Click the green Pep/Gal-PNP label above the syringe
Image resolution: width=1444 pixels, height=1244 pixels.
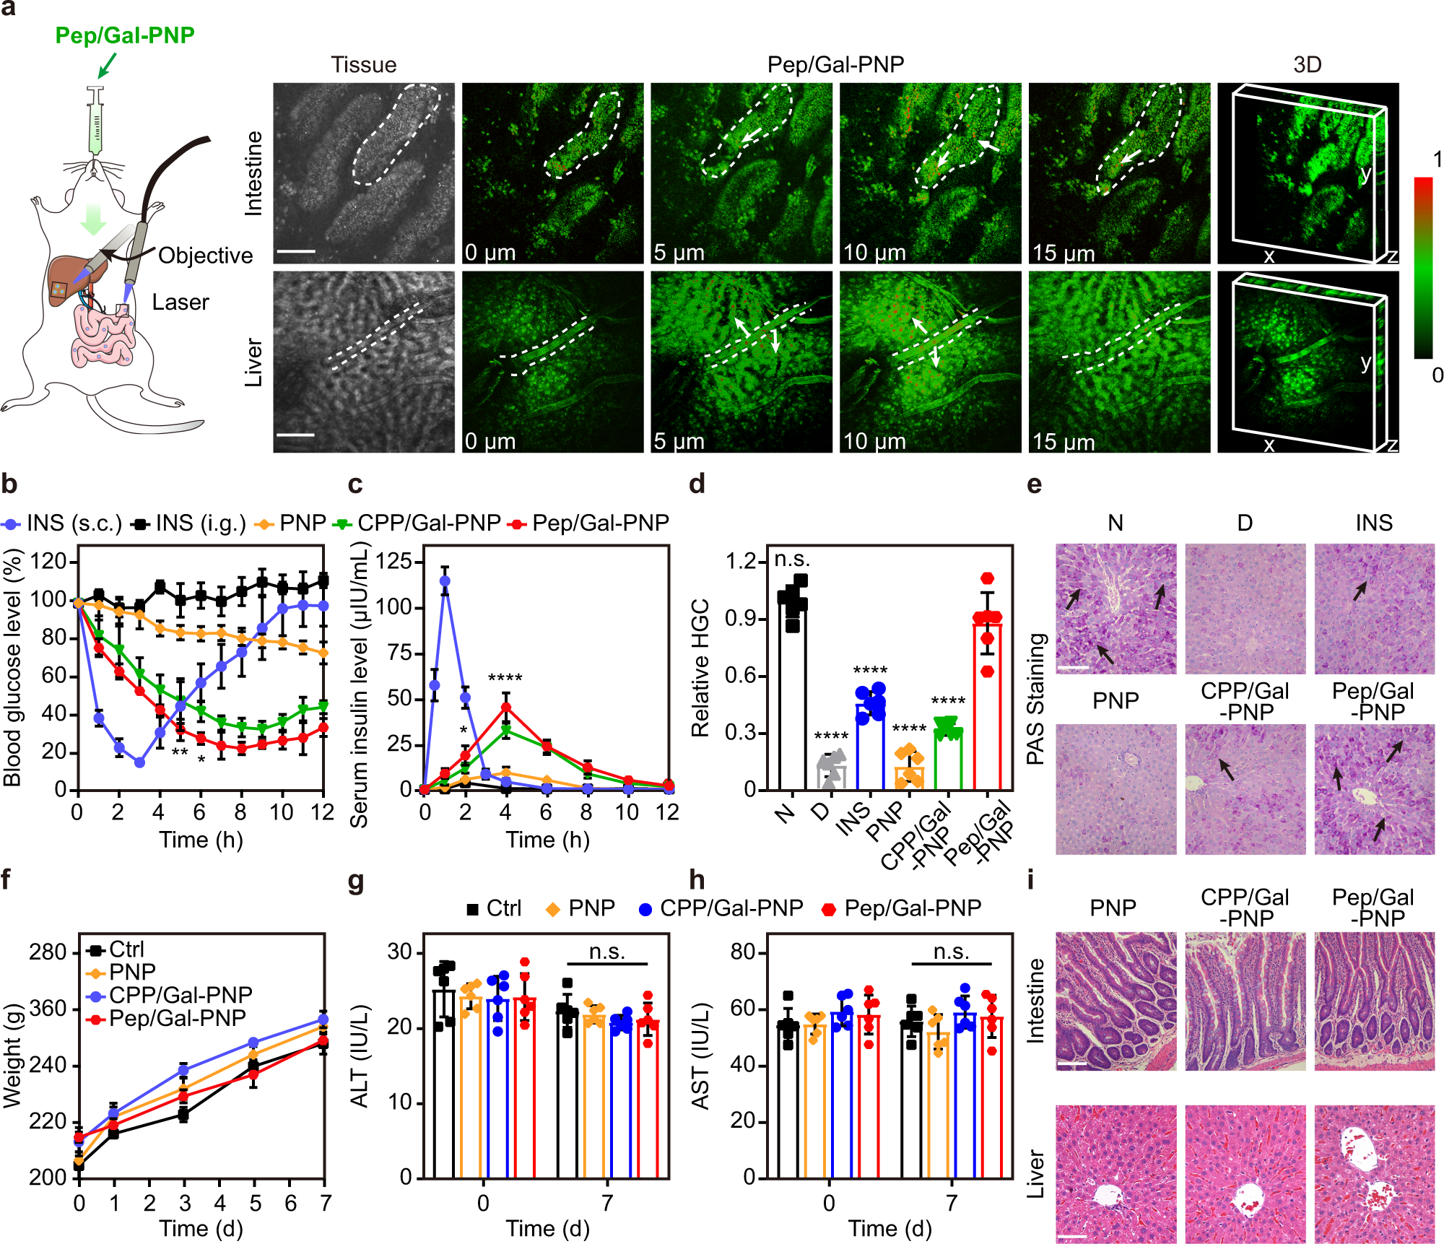pyautogui.click(x=125, y=35)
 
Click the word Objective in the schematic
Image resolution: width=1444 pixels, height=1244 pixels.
pyautogui.click(x=205, y=256)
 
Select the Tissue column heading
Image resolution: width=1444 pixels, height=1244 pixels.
pyautogui.click(x=363, y=65)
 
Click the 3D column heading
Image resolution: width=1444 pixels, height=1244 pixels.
pyautogui.click(x=1307, y=65)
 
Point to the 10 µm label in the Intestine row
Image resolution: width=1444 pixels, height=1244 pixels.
pyautogui.click(x=874, y=253)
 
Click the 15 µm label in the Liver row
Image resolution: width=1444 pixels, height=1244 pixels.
pyautogui.click(x=1063, y=441)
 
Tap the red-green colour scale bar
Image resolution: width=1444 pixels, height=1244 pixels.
pyautogui.click(x=1423, y=267)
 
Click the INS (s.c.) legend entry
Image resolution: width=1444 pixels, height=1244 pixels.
pyautogui.click(x=64, y=523)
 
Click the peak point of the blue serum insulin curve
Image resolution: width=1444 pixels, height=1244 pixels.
pyautogui.click(x=445, y=580)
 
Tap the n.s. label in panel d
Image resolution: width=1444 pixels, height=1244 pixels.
pyautogui.click(x=792, y=559)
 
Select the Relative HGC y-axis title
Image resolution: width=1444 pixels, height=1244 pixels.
pyautogui.click(x=700, y=668)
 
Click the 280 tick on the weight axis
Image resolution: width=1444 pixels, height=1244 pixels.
pyautogui.click(x=48, y=952)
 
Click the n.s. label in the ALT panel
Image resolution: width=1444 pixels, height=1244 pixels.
pyautogui.click(x=606, y=952)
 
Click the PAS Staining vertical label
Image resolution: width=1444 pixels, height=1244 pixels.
pyautogui.click(x=1036, y=699)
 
